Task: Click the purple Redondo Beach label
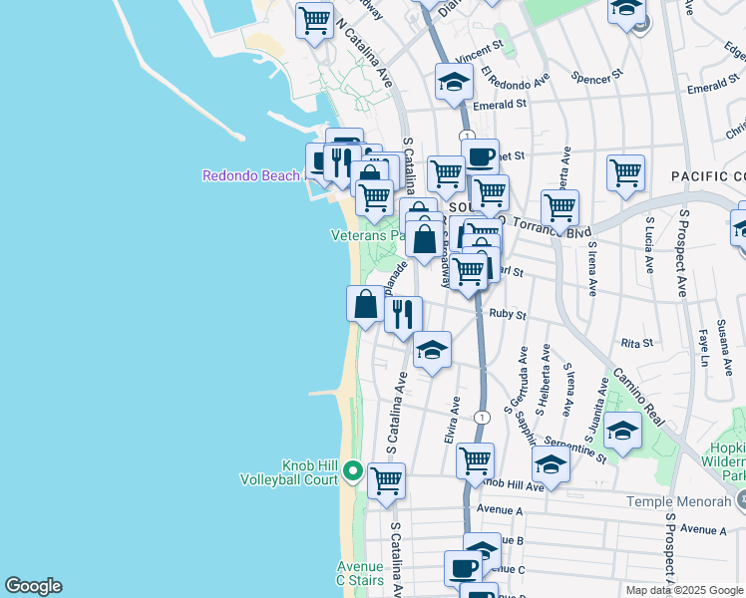250,176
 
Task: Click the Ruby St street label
507,313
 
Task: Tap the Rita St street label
636,343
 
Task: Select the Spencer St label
597,75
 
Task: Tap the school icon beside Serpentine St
622,431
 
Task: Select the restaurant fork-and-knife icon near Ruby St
403,314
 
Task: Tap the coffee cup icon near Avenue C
463,568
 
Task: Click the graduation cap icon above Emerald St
454,83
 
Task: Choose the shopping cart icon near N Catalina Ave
314,19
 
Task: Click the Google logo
33,586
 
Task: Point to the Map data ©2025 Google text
683,590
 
